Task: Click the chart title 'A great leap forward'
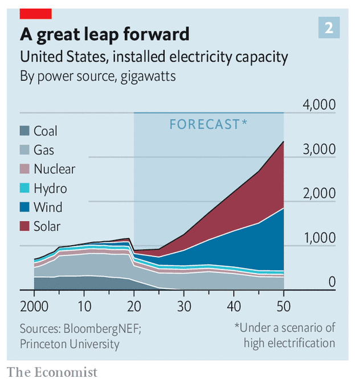104,34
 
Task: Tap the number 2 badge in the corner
329,28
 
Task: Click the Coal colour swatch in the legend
24,131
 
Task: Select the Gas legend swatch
24,150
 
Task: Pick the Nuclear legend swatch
24,169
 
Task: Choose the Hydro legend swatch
24,188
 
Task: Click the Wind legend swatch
24,207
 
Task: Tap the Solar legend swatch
24,226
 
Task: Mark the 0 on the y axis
331,282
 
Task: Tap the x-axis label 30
184,307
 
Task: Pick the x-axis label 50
284,307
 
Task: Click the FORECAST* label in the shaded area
208,124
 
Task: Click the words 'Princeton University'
69,344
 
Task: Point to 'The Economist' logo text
52,372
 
